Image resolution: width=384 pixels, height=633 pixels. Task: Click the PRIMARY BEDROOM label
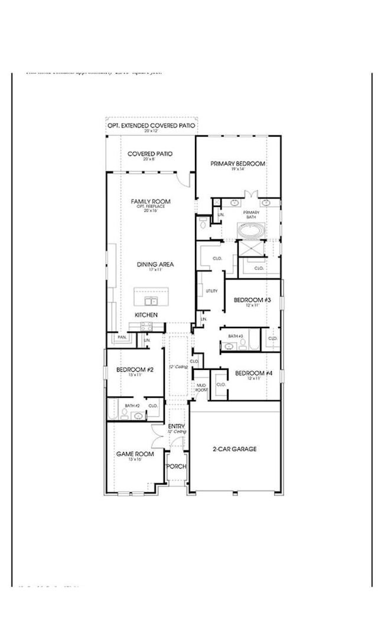pos(237,164)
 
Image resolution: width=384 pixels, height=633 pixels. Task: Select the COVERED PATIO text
pos(150,154)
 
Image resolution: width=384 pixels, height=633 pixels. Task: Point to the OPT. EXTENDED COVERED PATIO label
pos(151,126)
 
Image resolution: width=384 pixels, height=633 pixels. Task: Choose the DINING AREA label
pos(155,265)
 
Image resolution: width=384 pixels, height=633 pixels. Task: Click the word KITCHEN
pos(147,315)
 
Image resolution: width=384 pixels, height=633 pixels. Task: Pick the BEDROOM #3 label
pos(252,300)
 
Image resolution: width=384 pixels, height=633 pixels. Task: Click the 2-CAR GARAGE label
pos(235,449)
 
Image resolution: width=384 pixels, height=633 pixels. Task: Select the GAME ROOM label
pos(135,454)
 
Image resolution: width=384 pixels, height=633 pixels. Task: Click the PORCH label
pos(176,466)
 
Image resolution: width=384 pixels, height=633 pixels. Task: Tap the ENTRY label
pos(177,426)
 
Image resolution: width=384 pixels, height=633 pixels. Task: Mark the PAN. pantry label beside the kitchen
pos(122,337)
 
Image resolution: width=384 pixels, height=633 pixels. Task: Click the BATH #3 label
pos(235,336)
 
